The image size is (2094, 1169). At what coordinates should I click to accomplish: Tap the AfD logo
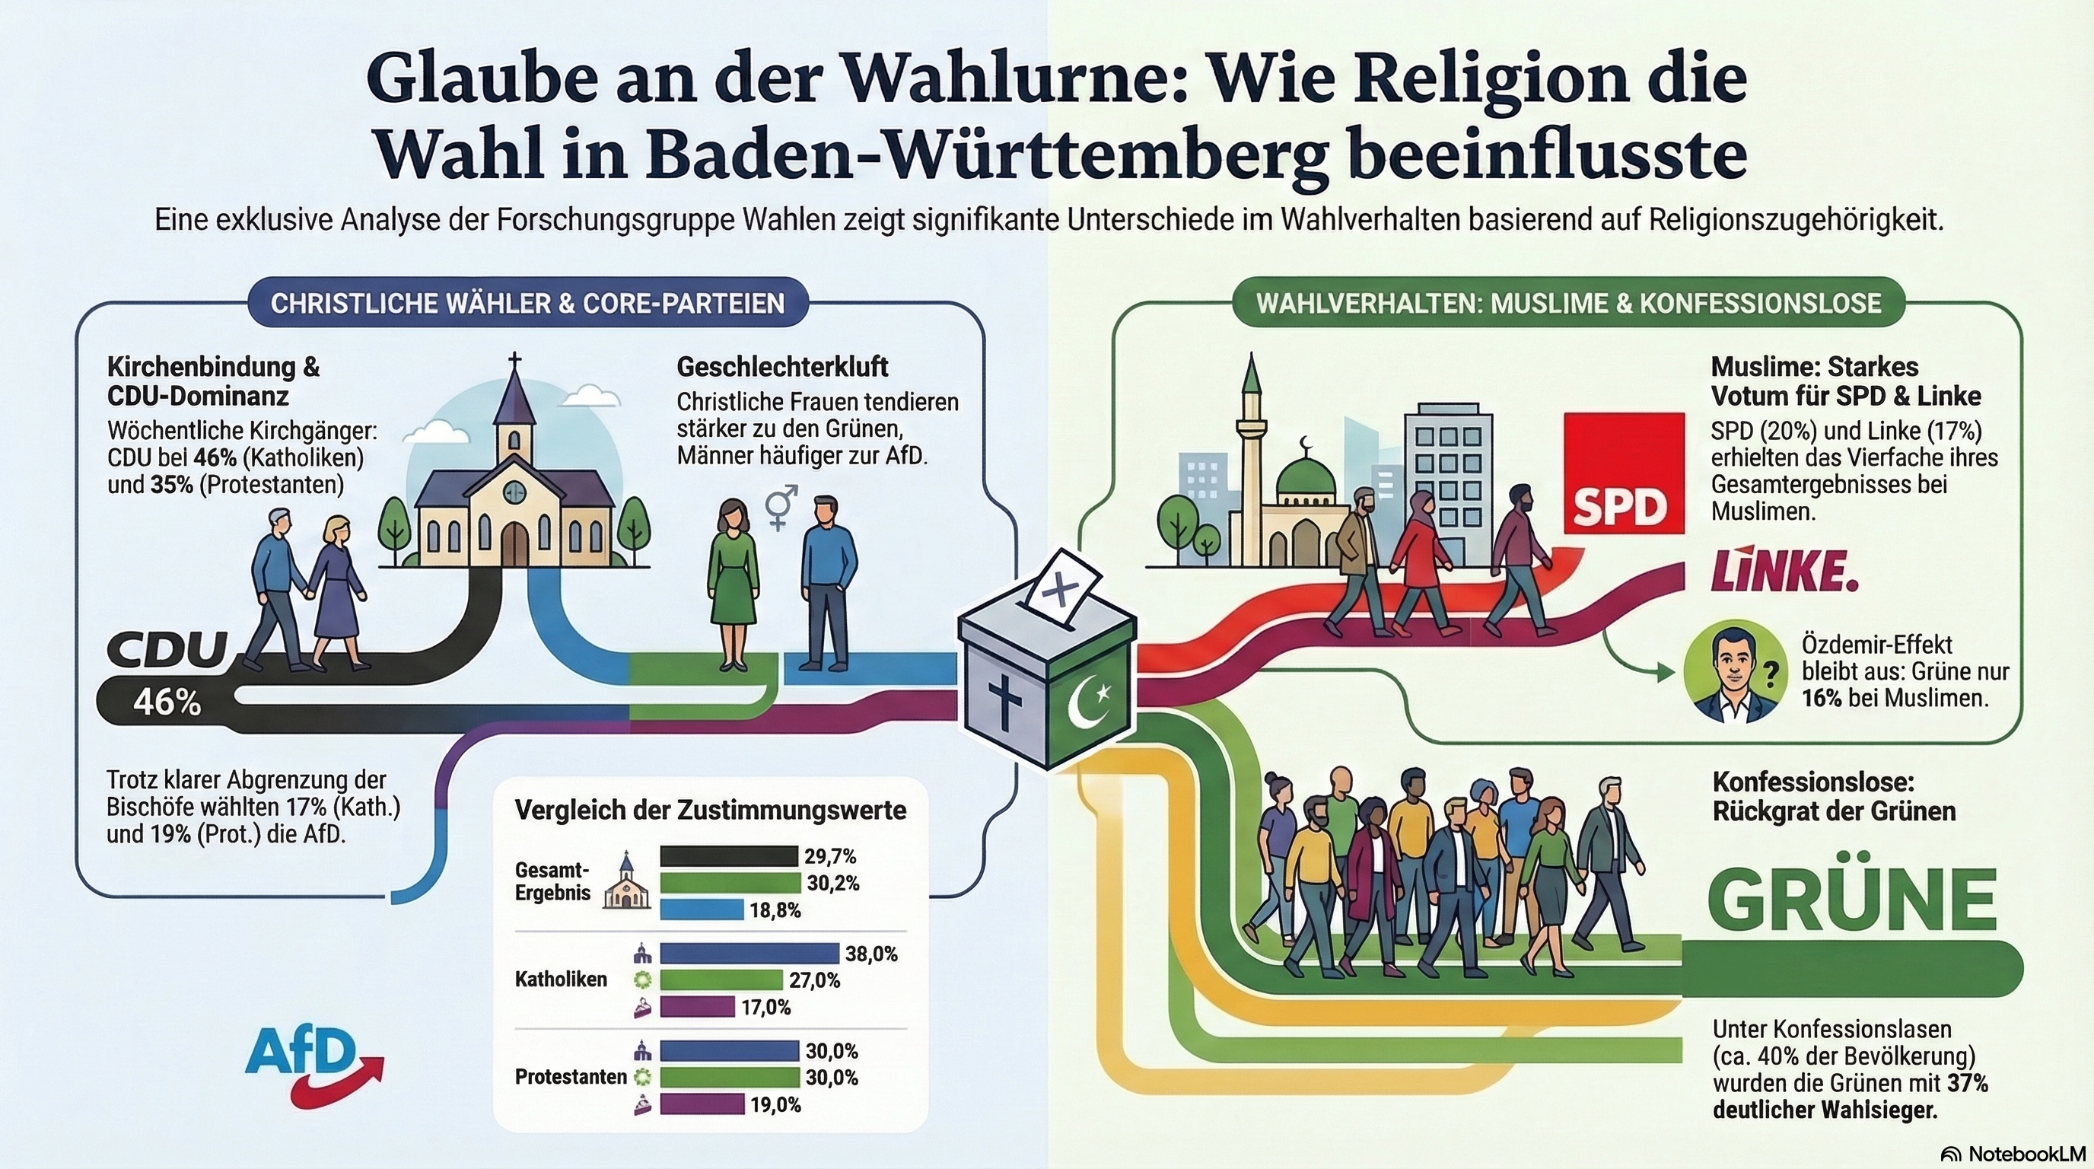click(309, 1065)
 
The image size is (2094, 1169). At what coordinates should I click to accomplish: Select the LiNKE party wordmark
click(1784, 572)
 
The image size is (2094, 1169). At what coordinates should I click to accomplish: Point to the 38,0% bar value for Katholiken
click(870, 954)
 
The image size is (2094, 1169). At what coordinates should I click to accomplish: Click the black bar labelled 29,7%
click(728, 856)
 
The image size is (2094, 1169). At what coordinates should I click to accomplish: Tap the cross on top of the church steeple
click(514, 360)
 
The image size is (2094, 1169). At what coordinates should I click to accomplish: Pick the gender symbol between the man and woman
click(781, 505)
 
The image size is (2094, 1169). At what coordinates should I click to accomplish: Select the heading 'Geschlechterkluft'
click(782, 368)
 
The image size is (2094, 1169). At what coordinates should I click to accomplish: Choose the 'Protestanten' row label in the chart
click(570, 1077)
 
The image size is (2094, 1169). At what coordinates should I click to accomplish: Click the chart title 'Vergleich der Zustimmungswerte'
click(711, 811)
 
